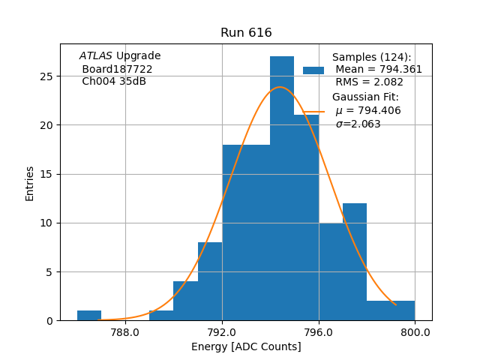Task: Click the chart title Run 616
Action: pos(246,33)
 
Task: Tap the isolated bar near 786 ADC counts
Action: pos(89,315)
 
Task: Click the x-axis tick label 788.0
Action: pos(125,331)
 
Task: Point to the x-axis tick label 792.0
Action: pos(222,331)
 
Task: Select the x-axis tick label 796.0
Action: pos(319,331)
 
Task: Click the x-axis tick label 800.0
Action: pos(415,331)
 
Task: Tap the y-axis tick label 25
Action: pos(46,76)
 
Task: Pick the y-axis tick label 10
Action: pos(46,223)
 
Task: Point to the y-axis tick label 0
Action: pos(49,321)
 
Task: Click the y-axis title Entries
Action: pos(30,183)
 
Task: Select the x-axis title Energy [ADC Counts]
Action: pos(246,346)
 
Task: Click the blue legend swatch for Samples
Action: pos(313,70)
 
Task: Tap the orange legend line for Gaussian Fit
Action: pos(313,111)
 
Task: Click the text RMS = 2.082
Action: pos(369,82)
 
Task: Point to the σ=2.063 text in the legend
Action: pos(358,124)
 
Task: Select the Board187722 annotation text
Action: pos(117,69)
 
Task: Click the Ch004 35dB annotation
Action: pos(114,81)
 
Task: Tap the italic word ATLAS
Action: pos(96,56)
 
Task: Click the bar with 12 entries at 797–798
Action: pos(355,262)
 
